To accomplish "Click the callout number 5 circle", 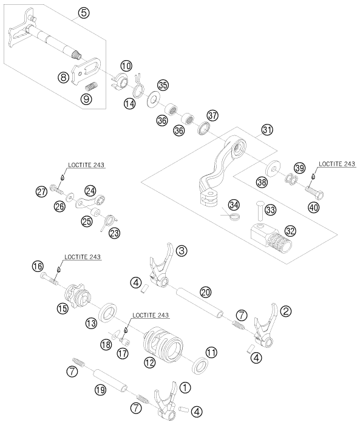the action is click(84, 13).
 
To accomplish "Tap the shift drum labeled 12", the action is click(163, 344).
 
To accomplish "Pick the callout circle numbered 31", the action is click(267, 130).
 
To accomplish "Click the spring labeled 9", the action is click(92, 87).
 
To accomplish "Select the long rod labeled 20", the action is click(200, 304).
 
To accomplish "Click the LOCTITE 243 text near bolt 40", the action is click(337, 164).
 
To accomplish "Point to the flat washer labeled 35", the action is click(153, 98).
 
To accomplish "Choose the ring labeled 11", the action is click(200, 366).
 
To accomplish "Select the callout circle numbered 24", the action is click(90, 191).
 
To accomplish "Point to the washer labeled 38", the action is click(273, 168).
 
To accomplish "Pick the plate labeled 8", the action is click(86, 70).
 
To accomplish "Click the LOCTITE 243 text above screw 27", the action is click(86, 165).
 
